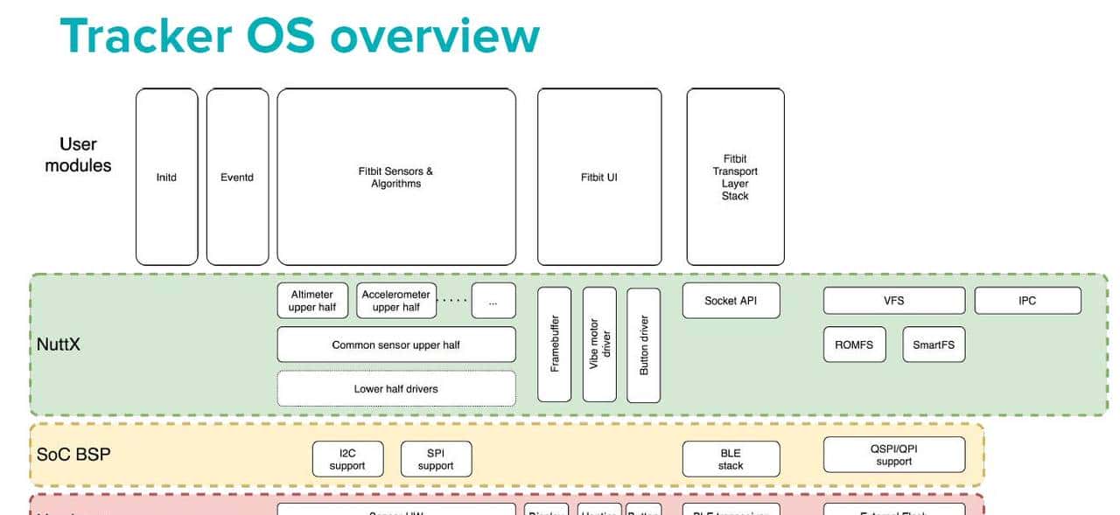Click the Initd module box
tap(166, 177)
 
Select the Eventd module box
tap(237, 177)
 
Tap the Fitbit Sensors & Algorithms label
tap(395, 177)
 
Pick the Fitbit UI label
tap(598, 177)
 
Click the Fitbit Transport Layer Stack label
tap(735, 177)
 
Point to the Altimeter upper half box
tap(312, 301)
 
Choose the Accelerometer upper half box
tap(396, 301)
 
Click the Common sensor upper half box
tap(395, 344)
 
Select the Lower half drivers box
tap(395, 388)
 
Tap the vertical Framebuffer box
tap(554, 344)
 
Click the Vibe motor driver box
tap(599, 344)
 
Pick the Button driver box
tap(644, 344)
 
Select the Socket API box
tap(731, 301)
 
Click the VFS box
tap(893, 301)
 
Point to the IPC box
tap(1027, 301)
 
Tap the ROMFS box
tap(854, 344)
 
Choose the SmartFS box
tap(934, 344)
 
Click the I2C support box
tap(347, 459)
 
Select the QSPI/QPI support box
tap(893, 455)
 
